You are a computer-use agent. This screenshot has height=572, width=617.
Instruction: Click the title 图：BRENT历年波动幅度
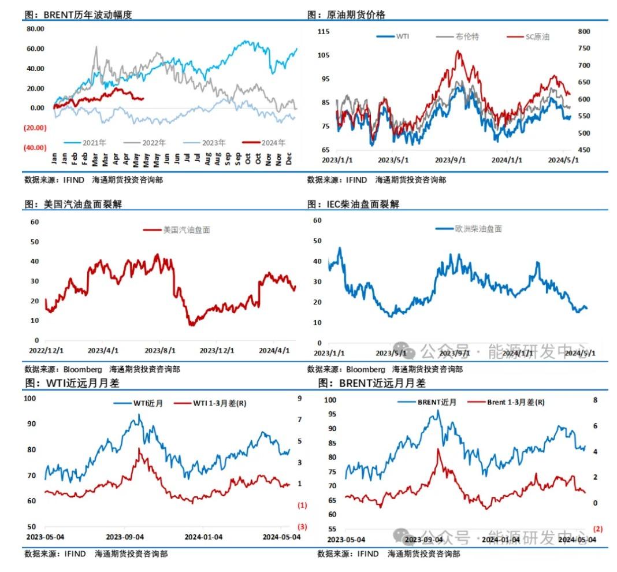tap(78, 14)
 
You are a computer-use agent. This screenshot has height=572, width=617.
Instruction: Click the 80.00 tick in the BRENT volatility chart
tap(36, 28)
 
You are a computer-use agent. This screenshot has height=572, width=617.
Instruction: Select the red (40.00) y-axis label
tap(35, 147)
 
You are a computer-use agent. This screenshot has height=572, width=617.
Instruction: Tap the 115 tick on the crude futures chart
tap(324, 31)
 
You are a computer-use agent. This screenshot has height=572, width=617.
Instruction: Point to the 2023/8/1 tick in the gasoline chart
tap(159, 351)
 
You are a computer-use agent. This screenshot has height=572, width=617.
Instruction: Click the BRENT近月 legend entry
tap(436, 402)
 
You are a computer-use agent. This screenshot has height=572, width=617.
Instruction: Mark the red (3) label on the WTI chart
tap(302, 526)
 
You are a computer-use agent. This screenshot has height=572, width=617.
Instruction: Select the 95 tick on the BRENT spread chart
tap(329, 414)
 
